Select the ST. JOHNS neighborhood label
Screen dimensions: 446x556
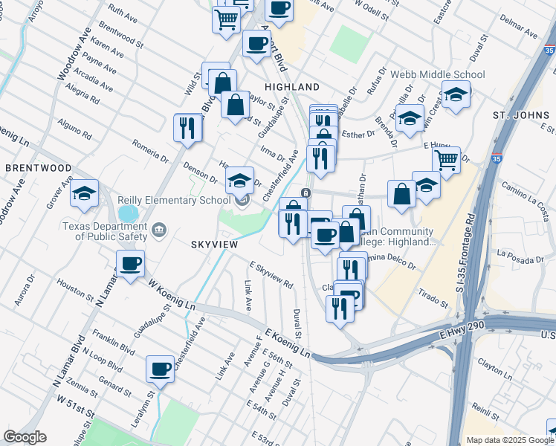(x=520, y=115)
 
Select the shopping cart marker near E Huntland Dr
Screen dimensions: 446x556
(x=446, y=159)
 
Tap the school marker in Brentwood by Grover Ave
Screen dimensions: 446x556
(x=85, y=193)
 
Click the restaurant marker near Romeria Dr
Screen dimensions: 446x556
(x=188, y=126)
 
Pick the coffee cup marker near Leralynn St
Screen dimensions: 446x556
(x=160, y=368)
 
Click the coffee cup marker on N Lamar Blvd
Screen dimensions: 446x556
(x=131, y=263)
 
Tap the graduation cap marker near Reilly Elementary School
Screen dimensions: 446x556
(x=239, y=179)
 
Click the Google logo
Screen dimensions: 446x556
(x=25, y=437)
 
